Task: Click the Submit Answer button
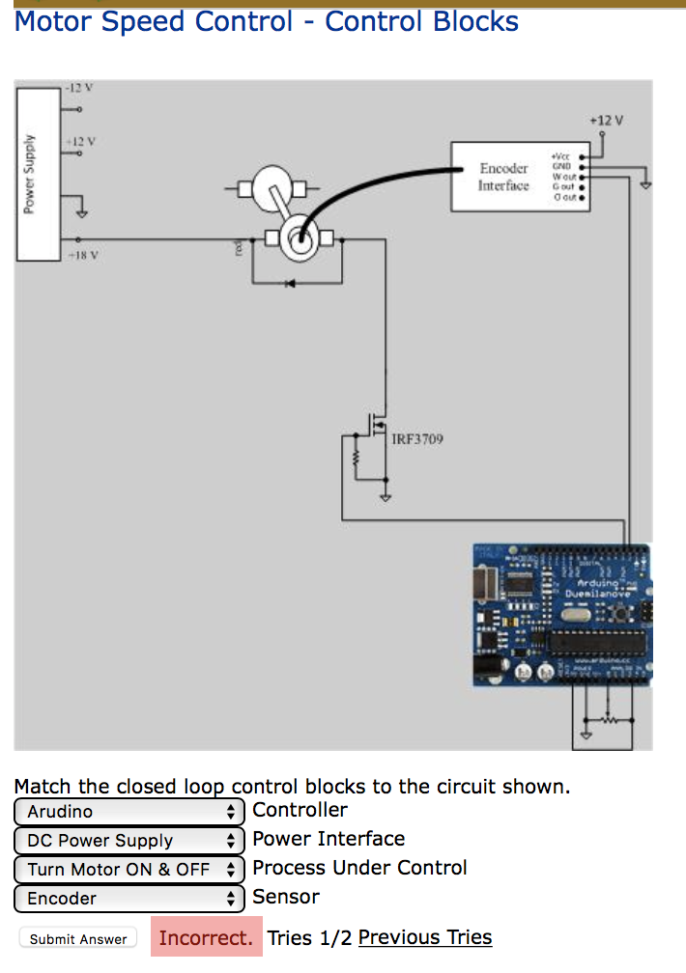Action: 78,938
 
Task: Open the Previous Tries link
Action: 424,937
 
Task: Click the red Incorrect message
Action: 206,937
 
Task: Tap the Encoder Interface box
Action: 504,177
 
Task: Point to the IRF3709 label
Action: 416,440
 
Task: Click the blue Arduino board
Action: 560,614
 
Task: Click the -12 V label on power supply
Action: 78,88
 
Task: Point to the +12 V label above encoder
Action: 606,121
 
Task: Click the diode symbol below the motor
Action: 291,283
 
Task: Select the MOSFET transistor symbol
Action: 378,424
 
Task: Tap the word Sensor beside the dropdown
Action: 285,897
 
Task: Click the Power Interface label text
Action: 329,839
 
